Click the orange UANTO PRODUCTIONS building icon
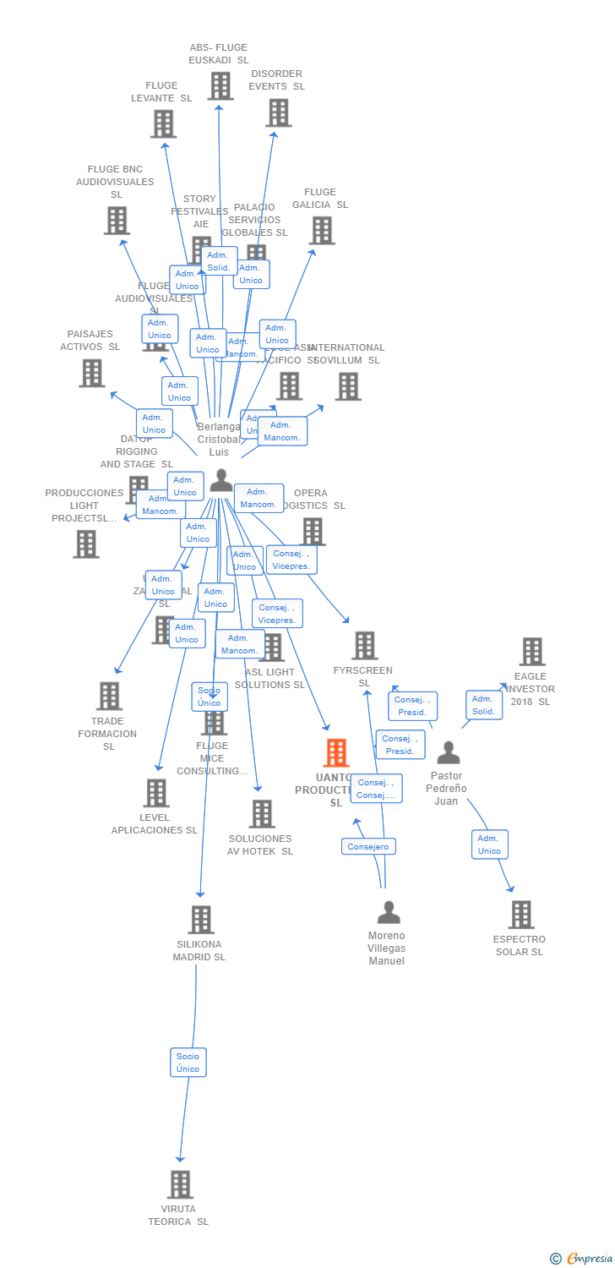click(x=336, y=752)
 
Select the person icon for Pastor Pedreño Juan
click(x=448, y=752)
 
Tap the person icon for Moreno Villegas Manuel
click(x=389, y=912)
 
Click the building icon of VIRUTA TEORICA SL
click(x=180, y=1184)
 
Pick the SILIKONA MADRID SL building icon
click(x=200, y=920)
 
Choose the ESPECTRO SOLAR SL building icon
click(x=521, y=915)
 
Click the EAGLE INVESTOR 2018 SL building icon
click(x=531, y=652)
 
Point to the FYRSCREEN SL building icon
click(x=364, y=646)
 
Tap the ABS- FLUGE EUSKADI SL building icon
click(x=220, y=86)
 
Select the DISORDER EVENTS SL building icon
click(x=278, y=112)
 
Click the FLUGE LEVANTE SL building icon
click(x=163, y=123)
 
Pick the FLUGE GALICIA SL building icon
click(x=321, y=230)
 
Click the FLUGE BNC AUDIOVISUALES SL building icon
click(x=117, y=221)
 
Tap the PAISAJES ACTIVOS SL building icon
click(x=91, y=373)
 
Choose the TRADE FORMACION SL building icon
click(x=109, y=696)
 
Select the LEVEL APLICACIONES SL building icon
click(x=155, y=793)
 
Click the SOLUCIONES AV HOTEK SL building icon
click(x=262, y=814)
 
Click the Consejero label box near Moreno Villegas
click(x=368, y=846)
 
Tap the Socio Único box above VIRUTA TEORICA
click(x=188, y=1063)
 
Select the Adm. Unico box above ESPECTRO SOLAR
click(x=489, y=844)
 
